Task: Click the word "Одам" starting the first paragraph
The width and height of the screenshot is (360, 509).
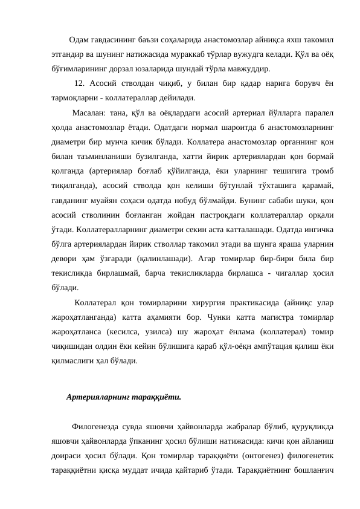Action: coord(79,41)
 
